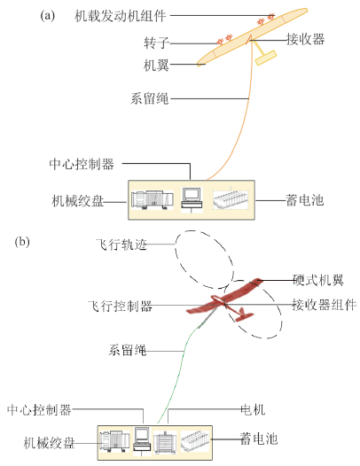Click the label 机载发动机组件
tap(121, 16)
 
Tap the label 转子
tap(156, 43)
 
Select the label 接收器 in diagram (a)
tap(305, 39)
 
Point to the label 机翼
tap(156, 65)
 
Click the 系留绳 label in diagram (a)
tap(150, 98)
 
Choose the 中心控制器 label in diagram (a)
tap(82, 164)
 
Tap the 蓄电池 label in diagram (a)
tap(304, 200)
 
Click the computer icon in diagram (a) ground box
tap(192, 199)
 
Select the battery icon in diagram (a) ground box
tap(231, 198)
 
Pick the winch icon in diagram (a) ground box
tap(152, 199)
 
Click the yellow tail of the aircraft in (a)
tap(267, 58)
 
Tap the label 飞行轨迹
tap(121, 245)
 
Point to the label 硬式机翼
tap(318, 280)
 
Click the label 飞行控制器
tap(121, 306)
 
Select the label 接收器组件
tap(324, 305)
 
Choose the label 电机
tap(253, 409)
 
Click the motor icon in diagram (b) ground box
tap(165, 442)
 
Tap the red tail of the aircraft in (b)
tap(245, 315)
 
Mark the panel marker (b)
tap(22, 242)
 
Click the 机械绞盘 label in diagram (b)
tap(50, 442)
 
